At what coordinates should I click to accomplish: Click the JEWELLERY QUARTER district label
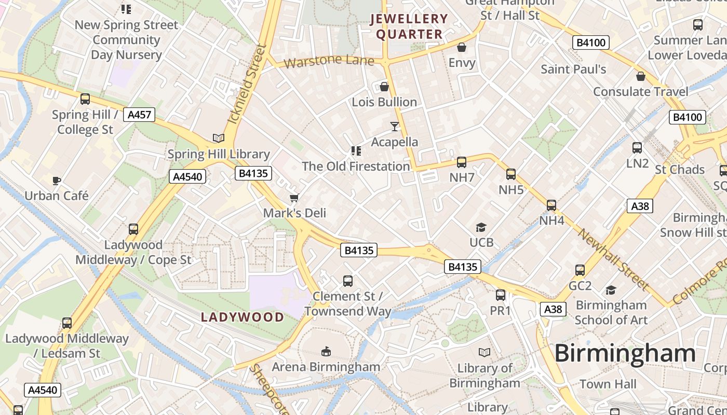click(x=409, y=27)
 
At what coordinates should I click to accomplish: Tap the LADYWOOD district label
click(x=243, y=317)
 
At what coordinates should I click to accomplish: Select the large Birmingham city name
click(x=625, y=354)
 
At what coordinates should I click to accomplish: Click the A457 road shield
click(x=139, y=115)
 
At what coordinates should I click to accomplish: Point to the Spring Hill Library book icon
click(x=219, y=138)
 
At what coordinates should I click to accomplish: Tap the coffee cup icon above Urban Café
click(x=57, y=181)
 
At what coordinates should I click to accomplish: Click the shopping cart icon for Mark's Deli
click(x=294, y=198)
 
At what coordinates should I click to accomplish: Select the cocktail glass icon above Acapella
click(x=395, y=126)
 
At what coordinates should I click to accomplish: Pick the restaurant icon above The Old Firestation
click(x=356, y=151)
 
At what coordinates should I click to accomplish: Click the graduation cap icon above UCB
click(x=481, y=227)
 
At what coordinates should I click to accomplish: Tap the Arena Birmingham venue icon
click(x=326, y=352)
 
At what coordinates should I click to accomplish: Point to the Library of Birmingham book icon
click(x=484, y=353)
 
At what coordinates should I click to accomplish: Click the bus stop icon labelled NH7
click(x=462, y=162)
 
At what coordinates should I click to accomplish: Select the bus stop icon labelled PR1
click(x=501, y=295)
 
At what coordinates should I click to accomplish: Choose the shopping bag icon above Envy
click(x=462, y=48)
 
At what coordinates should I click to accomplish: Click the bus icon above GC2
click(x=580, y=270)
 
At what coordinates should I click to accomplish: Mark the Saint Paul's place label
click(x=573, y=69)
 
